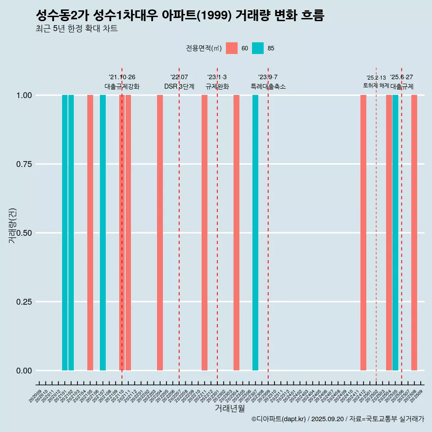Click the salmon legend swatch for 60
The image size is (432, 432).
[232, 48]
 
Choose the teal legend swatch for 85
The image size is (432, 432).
[258, 48]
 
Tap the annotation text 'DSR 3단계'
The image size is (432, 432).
[179, 86]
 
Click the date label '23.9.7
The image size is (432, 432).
[268, 77]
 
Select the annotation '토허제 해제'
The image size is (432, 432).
[376, 85]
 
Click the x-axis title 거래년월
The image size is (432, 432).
[229, 408]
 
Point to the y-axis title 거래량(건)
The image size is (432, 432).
[12, 225]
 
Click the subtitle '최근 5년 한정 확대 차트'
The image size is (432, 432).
[76, 29]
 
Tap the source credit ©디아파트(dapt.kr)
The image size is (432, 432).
[279, 419]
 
